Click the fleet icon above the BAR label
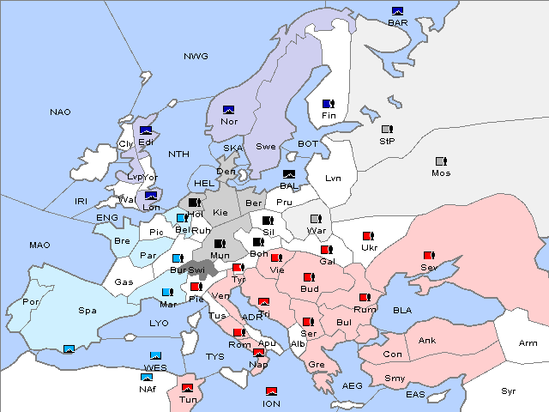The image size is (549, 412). pos(397,11)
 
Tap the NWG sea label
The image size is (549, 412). pos(196,57)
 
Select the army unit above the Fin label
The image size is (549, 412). pos(328,104)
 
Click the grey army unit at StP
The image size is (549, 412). pos(387,130)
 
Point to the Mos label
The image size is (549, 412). pos(441,173)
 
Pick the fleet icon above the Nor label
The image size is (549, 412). pos(228,110)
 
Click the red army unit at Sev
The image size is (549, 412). pos(428,256)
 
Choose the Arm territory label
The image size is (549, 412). pos(528,343)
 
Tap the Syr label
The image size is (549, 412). pos(510,391)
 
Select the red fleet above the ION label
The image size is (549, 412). pos(272,391)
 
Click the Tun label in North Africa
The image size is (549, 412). pos(188,399)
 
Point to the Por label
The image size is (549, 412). pos(31,302)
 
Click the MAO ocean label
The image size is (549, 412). pos(39,245)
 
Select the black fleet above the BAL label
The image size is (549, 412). pos(289,174)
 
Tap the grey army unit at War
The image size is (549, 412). pos(315,219)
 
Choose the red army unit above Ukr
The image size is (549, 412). pos(367,236)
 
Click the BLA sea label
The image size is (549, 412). pos(403,310)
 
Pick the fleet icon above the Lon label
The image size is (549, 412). pos(151,196)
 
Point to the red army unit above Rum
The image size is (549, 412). pos(365,298)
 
